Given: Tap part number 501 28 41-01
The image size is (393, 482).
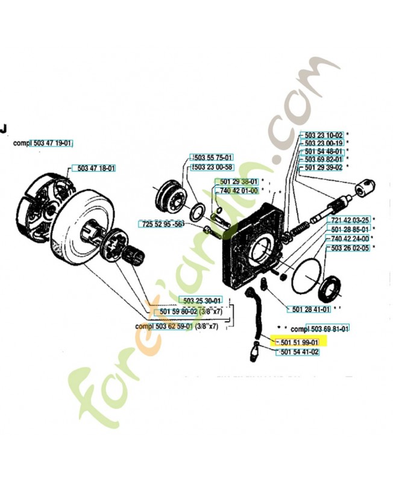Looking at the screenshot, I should coord(311,309).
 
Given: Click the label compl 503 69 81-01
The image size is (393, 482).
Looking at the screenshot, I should coord(319,329).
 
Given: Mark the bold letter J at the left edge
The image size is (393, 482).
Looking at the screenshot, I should coord(3,128).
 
